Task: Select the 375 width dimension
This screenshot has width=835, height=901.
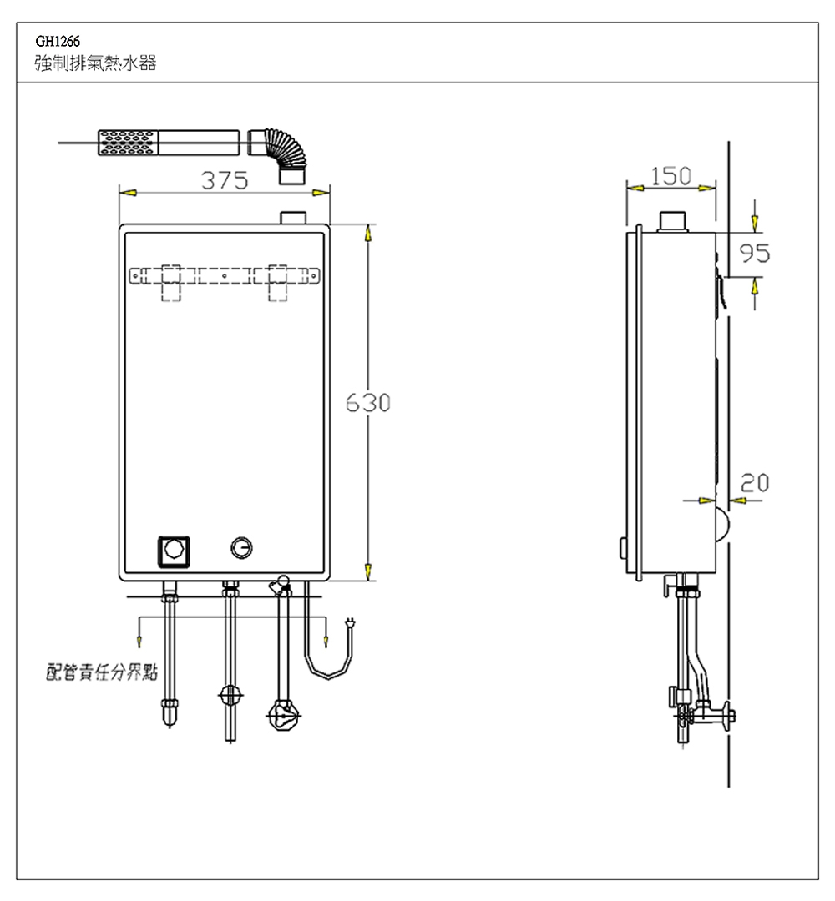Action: (x=225, y=180)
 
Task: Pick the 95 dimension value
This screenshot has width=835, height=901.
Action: (x=754, y=253)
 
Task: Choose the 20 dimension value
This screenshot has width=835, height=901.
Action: (x=755, y=483)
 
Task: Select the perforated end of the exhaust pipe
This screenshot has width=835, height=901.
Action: (x=127, y=143)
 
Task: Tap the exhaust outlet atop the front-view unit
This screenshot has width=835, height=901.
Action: (x=293, y=218)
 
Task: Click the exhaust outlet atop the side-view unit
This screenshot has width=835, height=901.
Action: (x=672, y=221)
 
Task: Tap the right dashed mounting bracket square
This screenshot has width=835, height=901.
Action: (x=278, y=283)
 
